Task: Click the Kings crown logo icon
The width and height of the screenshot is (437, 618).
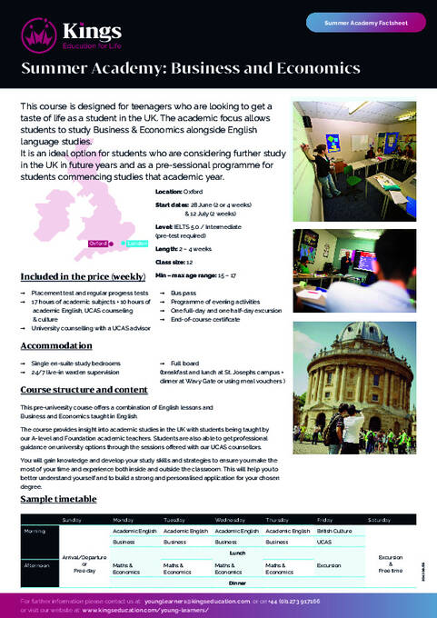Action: point(36,35)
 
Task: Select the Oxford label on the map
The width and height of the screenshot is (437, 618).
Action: point(97,218)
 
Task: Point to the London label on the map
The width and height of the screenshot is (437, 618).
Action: point(136,218)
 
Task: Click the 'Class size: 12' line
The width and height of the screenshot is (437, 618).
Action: point(175,260)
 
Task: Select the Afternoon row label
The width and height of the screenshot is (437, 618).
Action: point(37,563)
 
